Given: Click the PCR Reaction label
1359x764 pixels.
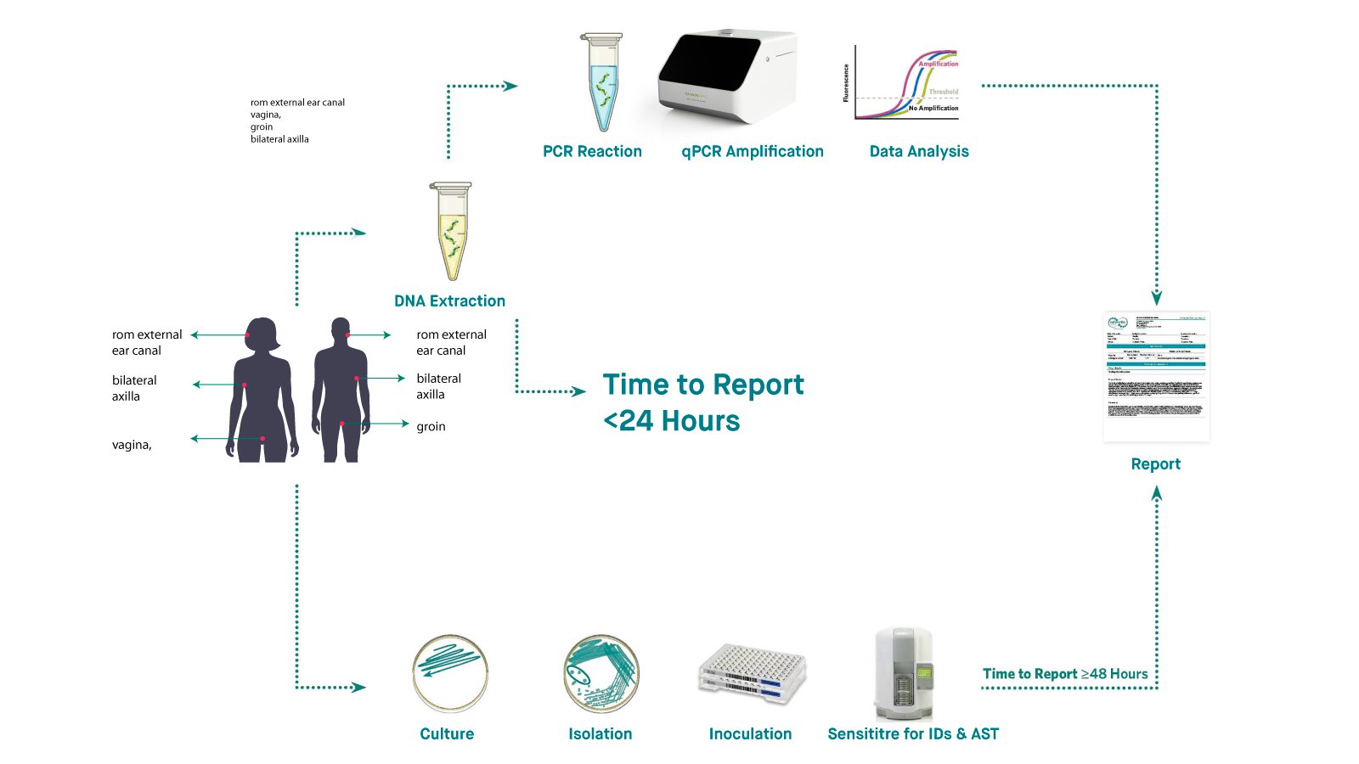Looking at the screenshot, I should pyautogui.click(x=592, y=151).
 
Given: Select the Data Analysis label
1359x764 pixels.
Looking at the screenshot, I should pyautogui.click(x=919, y=151).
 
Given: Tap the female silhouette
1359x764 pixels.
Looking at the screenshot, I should pyautogui.click(x=262, y=390).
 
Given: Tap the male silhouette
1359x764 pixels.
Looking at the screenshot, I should pyautogui.click(x=341, y=390).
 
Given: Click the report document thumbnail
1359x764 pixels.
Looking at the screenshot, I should pyautogui.click(x=1156, y=377).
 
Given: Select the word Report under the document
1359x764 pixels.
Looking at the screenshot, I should pyautogui.click(x=1155, y=463).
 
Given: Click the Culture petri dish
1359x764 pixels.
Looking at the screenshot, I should pyautogui.click(x=449, y=673).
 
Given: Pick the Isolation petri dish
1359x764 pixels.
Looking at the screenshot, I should pyautogui.click(x=601, y=673).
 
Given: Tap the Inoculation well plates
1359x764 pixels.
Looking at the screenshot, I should pyautogui.click(x=752, y=672).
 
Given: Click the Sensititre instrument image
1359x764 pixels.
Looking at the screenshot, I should pyautogui.click(x=904, y=673).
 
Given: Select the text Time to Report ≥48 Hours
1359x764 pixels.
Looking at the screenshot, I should pyautogui.click(x=1065, y=673).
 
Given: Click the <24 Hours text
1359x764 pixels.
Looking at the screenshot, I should pyautogui.click(x=671, y=421).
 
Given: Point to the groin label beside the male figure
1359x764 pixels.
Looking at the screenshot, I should pyautogui.click(x=431, y=426).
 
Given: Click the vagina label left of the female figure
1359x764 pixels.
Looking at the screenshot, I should pyautogui.click(x=132, y=444).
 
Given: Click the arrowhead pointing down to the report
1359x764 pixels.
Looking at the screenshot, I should pyautogui.click(x=1156, y=298).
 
